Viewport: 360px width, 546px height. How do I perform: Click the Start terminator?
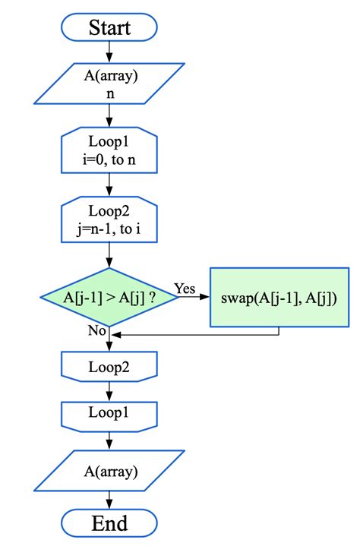[110, 28]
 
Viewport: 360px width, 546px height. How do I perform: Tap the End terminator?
[110, 522]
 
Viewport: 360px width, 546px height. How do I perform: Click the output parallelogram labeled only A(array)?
[110, 472]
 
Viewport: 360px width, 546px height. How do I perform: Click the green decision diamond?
[110, 297]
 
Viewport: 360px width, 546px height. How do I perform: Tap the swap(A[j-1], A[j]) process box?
[279, 297]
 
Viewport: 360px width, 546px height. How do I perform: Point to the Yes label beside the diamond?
[185, 289]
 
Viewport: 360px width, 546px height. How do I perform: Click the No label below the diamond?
[97, 331]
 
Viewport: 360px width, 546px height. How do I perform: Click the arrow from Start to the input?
[110, 51]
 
